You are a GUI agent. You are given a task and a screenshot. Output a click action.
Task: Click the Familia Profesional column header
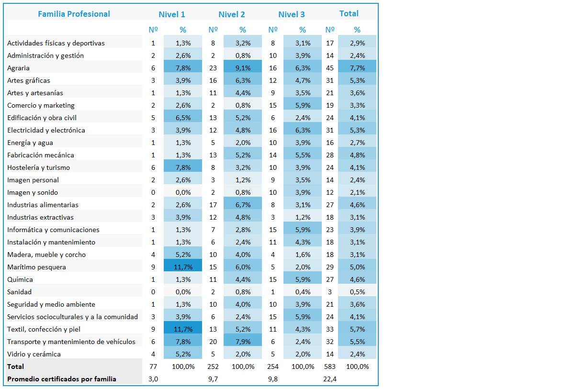[74, 14]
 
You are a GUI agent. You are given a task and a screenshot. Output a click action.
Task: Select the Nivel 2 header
[232, 14]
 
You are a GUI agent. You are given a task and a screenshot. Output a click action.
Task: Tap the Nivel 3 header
[292, 14]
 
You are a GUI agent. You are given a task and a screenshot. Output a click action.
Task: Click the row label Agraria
[18, 68]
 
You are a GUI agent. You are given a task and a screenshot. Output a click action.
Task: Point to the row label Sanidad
[20, 292]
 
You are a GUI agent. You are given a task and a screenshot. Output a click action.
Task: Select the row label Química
[20, 279]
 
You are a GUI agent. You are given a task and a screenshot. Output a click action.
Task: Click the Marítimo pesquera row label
[36, 267]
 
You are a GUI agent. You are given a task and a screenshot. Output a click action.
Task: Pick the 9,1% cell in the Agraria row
[243, 68]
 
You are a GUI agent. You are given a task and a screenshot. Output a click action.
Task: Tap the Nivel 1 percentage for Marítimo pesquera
[183, 267]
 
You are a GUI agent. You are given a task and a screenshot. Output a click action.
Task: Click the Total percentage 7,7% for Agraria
[358, 68]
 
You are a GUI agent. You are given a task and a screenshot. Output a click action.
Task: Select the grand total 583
[330, 367]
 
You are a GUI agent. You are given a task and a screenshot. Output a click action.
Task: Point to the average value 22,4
[330, 379]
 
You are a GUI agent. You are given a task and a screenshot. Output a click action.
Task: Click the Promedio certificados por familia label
[62, 379]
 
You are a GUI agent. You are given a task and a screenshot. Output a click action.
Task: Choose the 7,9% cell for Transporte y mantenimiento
[243, 342]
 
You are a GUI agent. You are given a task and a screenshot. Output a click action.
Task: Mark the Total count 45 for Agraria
[330, 68]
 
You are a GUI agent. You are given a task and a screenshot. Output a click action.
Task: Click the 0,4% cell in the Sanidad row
[303, 292]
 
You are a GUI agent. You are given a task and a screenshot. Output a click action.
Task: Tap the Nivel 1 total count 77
[153, 367]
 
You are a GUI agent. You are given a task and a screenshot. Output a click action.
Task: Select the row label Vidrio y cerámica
[34, 355]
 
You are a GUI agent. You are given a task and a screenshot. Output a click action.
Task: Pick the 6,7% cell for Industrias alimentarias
[243, 205]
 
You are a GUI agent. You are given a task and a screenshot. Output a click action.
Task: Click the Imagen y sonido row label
[33, 193]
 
